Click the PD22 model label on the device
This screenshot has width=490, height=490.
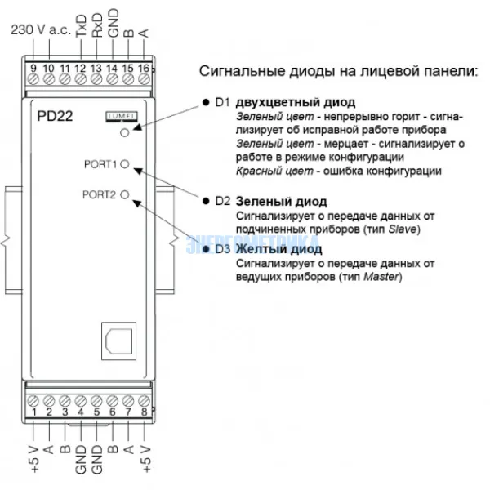point(56,116)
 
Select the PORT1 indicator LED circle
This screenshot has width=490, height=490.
point(125,163)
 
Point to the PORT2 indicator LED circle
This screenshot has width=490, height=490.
point(125,194)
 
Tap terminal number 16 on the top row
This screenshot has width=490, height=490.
point(144,68)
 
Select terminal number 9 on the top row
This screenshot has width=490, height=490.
point(33,68)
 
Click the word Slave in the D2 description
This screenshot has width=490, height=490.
point(403,229)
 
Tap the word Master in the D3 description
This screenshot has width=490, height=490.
point(382,278)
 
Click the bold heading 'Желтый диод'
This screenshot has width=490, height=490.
point(278,249)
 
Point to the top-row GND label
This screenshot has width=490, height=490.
point(113,29)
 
